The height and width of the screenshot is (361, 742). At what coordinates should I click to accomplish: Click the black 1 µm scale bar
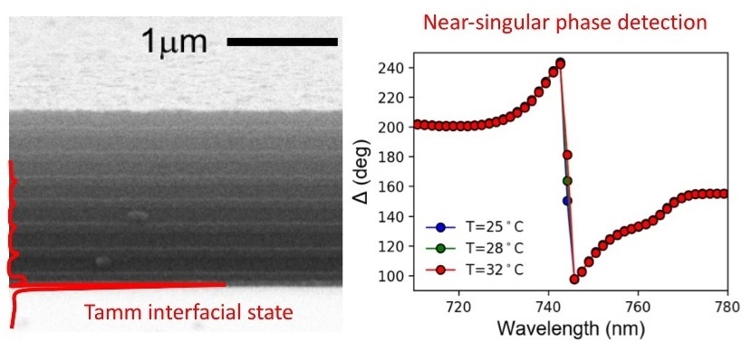(x=281, y=42)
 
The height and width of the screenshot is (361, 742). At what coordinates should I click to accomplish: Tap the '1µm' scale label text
(x=175, y=41)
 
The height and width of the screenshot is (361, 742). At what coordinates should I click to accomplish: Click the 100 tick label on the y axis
(x=393, y=276)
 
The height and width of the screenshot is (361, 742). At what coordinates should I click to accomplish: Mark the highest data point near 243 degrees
(x=560, y=63)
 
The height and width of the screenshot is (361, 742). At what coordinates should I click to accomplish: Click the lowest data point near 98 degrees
(x=574, y=280)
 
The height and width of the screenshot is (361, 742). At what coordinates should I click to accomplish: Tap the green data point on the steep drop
(x=567, y=181)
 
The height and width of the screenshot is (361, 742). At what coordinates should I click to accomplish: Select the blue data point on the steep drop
(x=567, y=201)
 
